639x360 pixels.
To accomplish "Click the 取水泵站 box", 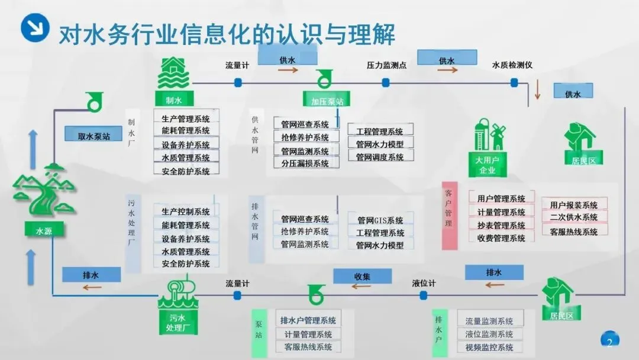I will click(x=93, y=136).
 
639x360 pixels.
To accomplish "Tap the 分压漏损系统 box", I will click(x=305, y=163).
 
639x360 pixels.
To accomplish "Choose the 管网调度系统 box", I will click(x=380, y=157).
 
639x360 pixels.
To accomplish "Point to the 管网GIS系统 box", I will click(x=380, y=220).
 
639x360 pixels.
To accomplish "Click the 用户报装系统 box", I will click(x=573, y=205).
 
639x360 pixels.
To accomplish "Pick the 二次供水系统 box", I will click(x=573, y=217).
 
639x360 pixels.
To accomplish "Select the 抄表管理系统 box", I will click(x=501, y=225).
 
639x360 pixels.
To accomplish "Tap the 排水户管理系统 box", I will click(x=308, y=320).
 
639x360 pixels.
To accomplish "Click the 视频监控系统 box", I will click(x=489, y=347).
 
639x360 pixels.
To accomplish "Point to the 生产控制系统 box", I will click(x=186, y=211).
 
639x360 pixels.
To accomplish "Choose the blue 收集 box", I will click(x=362, y=276).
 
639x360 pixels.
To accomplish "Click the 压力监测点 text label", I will click(x=386, y=65).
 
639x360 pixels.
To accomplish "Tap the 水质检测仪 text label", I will click(x=512, y=65).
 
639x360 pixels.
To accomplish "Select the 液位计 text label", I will click(x=424, y=284).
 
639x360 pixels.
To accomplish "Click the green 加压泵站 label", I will click(x=326, y=101).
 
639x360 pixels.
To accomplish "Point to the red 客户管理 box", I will click(x=449, y=214).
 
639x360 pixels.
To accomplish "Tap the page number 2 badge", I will click(x=609, y=341).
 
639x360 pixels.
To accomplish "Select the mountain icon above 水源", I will click(x=40, y=189).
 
